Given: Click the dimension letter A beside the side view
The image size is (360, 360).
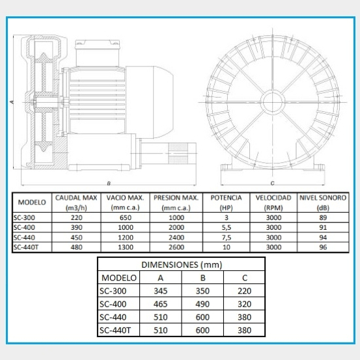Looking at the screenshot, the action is (12, 102).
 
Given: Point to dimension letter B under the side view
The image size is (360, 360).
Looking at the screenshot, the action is (109, 183).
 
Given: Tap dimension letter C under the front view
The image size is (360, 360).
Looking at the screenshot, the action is (272, 183).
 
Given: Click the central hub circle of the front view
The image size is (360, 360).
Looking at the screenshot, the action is (273, 102).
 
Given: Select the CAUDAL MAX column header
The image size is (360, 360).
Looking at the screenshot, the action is (76, 202).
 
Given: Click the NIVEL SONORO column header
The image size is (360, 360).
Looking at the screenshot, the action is (323, 202).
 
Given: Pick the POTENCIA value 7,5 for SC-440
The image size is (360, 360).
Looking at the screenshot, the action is (227, 238).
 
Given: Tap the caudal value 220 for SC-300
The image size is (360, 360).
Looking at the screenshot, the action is (76, 217).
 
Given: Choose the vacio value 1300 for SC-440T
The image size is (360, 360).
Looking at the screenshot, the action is (126, 247).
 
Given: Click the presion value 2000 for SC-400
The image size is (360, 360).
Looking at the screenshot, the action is (176, 227).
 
